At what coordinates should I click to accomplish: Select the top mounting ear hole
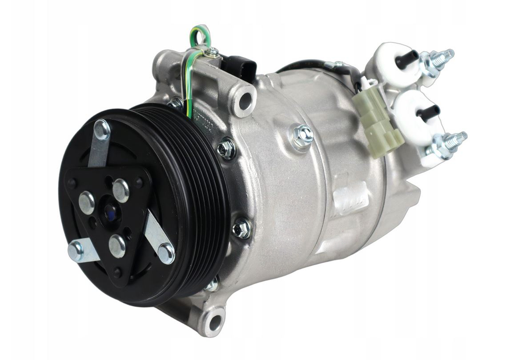click(244, 100)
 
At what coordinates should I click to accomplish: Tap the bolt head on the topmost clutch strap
click(102, 130)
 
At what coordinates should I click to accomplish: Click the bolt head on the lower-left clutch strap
click(76, 250)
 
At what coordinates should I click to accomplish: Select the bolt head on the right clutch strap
click(167, 253)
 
